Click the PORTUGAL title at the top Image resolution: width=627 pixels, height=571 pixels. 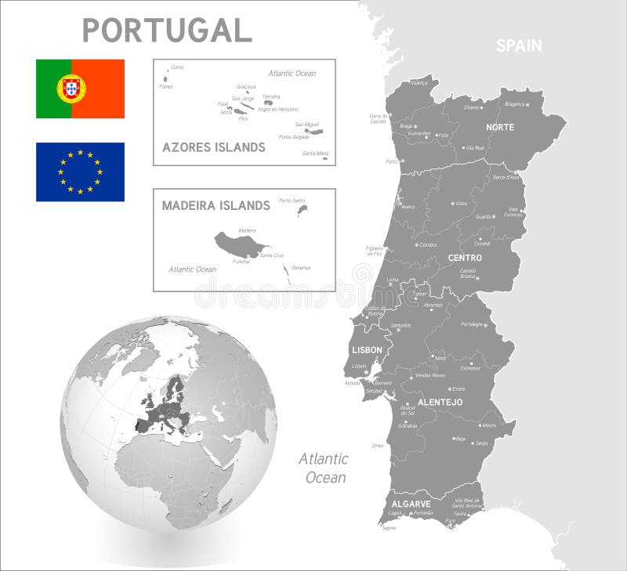(167, 30)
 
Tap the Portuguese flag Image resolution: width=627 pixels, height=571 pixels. (80, 89)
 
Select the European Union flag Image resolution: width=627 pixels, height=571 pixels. (80, 172)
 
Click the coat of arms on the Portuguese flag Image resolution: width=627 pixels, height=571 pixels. (71, 89)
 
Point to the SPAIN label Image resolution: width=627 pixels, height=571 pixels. (518, 45)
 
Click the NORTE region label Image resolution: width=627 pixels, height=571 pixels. (500, 127)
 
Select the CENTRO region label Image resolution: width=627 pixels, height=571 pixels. (465, 258)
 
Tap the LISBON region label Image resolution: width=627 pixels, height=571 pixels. (367, 350)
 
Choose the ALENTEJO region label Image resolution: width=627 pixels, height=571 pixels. (440, 402)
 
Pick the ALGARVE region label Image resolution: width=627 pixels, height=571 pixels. (411, 504)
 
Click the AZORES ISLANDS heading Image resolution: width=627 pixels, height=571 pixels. (213, 147)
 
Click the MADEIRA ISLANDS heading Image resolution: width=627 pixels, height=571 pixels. (216, 205)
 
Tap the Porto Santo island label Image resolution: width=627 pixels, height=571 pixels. (291, 201)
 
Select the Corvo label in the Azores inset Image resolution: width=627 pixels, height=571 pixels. (177, 67)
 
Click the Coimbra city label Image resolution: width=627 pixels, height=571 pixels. (428, 244)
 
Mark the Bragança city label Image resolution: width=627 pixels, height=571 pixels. (514, 103)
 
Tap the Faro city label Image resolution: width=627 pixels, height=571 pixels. (450, 520)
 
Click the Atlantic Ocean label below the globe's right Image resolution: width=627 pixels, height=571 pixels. (323, 468)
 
